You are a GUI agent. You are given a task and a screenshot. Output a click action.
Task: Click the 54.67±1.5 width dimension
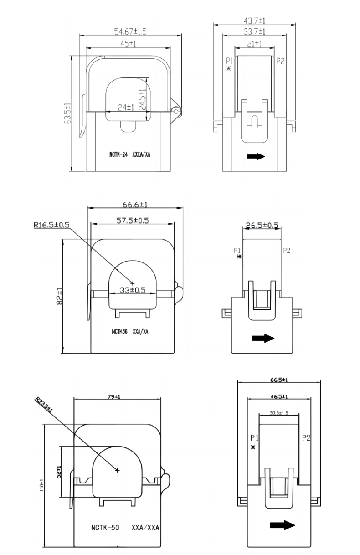click(x=130, y=31)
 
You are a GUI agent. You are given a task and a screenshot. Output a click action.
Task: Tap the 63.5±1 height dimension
click(x=68, y=113)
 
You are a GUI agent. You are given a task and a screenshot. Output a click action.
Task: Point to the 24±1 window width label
click(x=125, y=108)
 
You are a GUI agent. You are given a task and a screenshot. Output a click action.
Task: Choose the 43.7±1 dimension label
click(x=255, y=21)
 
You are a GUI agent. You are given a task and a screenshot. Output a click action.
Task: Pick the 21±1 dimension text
click(x=255, y=44)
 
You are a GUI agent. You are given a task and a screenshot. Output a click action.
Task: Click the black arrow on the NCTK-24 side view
click(x=256, y=156)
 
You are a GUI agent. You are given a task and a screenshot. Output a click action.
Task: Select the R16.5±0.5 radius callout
click(x=51, y=225)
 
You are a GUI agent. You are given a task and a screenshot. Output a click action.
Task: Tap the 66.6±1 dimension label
click(x=134, y=205)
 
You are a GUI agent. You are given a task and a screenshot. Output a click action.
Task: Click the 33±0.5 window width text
click(x=132, y=290)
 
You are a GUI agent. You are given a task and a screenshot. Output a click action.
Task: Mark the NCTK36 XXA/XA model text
click(x=130, y=331)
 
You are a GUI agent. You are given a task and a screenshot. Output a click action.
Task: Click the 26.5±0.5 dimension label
click(x=262, y=225)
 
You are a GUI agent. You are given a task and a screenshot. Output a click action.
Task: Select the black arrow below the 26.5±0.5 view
click(x=263, y=338)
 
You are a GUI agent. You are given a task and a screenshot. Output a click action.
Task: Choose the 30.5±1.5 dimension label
click(x=279, y=413)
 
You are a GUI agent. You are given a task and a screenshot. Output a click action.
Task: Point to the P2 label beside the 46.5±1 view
click(x=306, y=438)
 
